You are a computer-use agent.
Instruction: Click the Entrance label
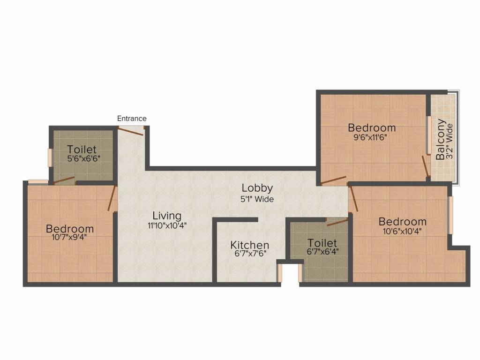click(x=132, y=119)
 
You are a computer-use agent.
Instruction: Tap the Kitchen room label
click(x=249, y=245)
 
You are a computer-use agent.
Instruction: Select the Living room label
click(x=167, y=216)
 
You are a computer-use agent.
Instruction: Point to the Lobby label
click(x=257, y=188)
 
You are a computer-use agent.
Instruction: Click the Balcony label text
click(x=441, y=140)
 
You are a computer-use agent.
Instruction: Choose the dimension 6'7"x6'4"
click(x=322, y=251)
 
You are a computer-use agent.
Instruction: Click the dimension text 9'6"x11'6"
click(x=371, y=137)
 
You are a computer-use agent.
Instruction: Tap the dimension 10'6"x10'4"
click(x=403, y=231)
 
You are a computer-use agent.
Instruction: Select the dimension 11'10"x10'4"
click(x=166, y=225)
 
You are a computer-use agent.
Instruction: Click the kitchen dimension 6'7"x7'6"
click(x=249, y=255)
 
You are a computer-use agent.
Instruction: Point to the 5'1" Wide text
click(x=257, y=199)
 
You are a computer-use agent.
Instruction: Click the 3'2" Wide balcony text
click(x=450, y=140)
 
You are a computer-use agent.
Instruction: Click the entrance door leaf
click(x=131, y=131)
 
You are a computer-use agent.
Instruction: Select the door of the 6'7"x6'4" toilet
click(x=337, y=222)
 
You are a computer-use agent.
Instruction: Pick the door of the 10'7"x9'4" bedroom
click(x=112, y=198)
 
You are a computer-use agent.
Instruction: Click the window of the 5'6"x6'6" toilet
click(x=50, y=157)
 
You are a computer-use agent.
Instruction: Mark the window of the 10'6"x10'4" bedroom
click(x=450, y=215)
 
